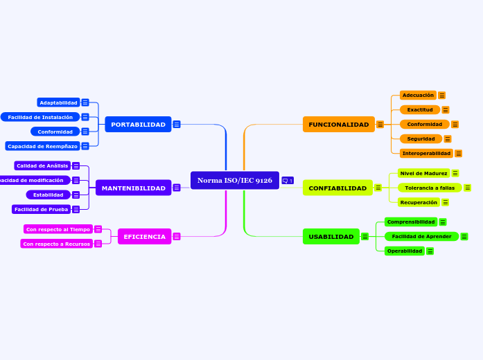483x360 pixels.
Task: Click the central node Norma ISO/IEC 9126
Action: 234,181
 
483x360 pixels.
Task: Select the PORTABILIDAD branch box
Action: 138,125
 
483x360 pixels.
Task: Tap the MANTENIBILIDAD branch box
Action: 133,188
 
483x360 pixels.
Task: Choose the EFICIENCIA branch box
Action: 144,237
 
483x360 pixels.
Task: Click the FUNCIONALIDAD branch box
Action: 338,125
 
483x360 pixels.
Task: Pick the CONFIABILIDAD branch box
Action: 337,188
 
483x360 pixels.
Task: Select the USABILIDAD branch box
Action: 331,237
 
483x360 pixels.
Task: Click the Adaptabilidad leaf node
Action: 58,102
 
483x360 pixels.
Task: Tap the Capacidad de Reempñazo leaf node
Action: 42,146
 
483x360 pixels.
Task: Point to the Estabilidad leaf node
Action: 49,195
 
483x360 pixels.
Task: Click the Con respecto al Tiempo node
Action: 58,229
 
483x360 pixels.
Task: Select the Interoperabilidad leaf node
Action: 426,153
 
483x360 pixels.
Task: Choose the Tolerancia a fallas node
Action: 430,188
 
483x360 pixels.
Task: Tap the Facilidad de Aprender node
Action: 421,237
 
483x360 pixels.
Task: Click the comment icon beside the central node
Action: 288,181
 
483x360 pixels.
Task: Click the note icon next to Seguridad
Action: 448,139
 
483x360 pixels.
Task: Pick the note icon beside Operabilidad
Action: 430,251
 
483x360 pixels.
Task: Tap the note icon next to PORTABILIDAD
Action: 177,125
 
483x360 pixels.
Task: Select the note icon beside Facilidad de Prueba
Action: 76,209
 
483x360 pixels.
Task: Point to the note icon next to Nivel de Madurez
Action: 455,173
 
